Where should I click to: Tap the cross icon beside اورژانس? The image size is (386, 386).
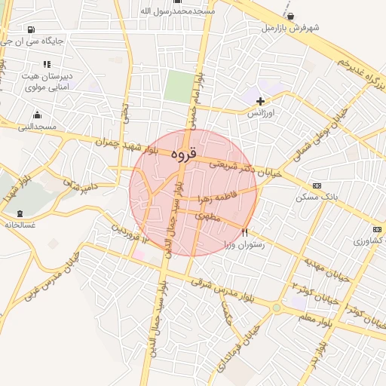pos(261,101)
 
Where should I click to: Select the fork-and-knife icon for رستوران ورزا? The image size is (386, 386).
pos(244,232)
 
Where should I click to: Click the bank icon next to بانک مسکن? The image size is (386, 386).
pos(317,185)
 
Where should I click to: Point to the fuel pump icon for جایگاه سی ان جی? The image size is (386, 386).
pos(31,30)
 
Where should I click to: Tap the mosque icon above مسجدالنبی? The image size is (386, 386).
pos(37,115)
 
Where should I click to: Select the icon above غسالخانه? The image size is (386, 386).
pos(20,213)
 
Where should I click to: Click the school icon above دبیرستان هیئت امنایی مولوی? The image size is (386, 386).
pos(46,64)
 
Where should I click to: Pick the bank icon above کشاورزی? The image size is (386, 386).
pos(377,229)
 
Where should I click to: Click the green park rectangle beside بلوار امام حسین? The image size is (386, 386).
pos(178,86)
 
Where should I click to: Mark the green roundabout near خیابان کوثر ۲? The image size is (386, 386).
pos(276,308)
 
